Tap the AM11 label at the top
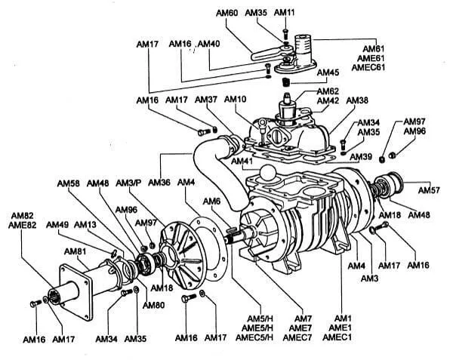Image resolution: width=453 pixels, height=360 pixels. [x=285, y=13]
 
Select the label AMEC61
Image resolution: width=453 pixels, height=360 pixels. [x=371, y=66]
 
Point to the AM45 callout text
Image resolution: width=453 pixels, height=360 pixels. [x=328, y=72]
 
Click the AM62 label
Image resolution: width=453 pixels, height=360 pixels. [x=327, y=91]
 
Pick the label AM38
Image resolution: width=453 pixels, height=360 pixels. [x=357, y=100]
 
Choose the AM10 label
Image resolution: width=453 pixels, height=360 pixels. [x=236, y=100]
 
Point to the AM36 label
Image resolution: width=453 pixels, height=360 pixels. [x=159, y=183]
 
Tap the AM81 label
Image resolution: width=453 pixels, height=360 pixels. [x=74, y=251]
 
